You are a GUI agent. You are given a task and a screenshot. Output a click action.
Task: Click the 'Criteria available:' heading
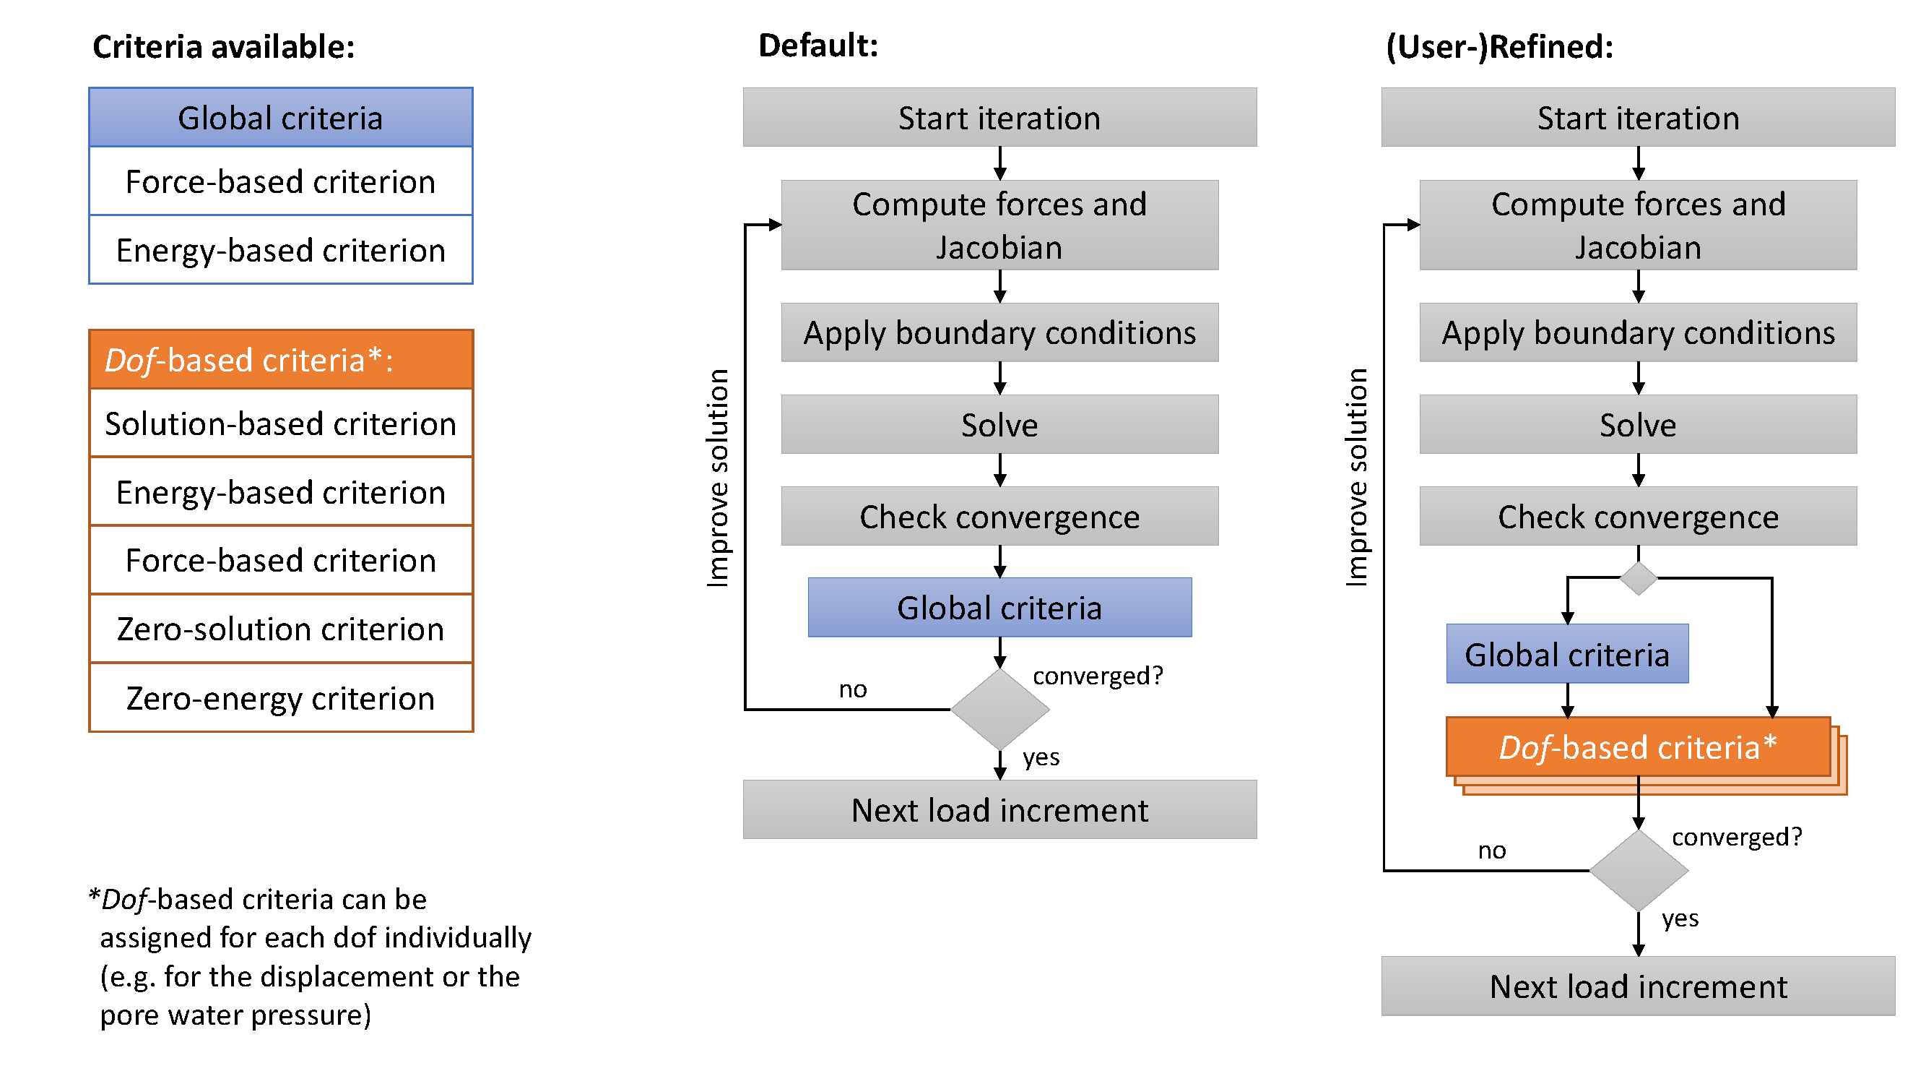coord(223,47)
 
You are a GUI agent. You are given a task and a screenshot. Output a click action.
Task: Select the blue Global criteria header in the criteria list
coord(280,119)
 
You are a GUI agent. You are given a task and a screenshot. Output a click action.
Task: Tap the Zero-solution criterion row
coord(280,629)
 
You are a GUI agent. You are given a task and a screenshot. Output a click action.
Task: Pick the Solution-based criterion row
coord(280,424)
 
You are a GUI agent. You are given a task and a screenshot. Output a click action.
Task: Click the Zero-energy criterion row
coord(280,698)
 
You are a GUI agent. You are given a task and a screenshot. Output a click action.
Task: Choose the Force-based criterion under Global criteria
coord(280,182)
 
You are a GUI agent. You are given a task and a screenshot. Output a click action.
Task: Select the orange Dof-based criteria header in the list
coord(280,360)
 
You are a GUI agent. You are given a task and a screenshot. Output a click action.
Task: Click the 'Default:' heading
coord(818,46)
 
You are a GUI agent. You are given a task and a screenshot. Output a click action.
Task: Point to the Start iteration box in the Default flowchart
coord(999,118)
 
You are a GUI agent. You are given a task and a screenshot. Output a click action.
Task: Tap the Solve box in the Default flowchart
coord(999,425)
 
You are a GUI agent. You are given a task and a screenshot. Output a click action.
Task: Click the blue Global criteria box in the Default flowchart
coord(999,608)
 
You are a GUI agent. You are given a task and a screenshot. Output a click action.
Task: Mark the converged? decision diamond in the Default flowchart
coord(999,709)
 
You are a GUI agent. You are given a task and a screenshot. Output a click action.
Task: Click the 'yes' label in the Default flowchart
coord(1041,758)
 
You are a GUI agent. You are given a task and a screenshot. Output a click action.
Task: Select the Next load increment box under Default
coord(999,810)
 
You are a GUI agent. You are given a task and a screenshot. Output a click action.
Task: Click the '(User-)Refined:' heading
coord(1499,47)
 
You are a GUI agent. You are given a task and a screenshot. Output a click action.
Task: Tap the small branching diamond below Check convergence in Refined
coord(1637,578)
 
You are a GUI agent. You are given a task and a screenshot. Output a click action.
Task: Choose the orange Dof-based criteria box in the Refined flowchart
coord(1637,747)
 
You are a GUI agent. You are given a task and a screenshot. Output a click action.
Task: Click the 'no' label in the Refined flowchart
coord(1491,851)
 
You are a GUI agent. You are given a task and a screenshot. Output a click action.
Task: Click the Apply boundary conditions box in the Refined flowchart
coord(1637,333)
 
